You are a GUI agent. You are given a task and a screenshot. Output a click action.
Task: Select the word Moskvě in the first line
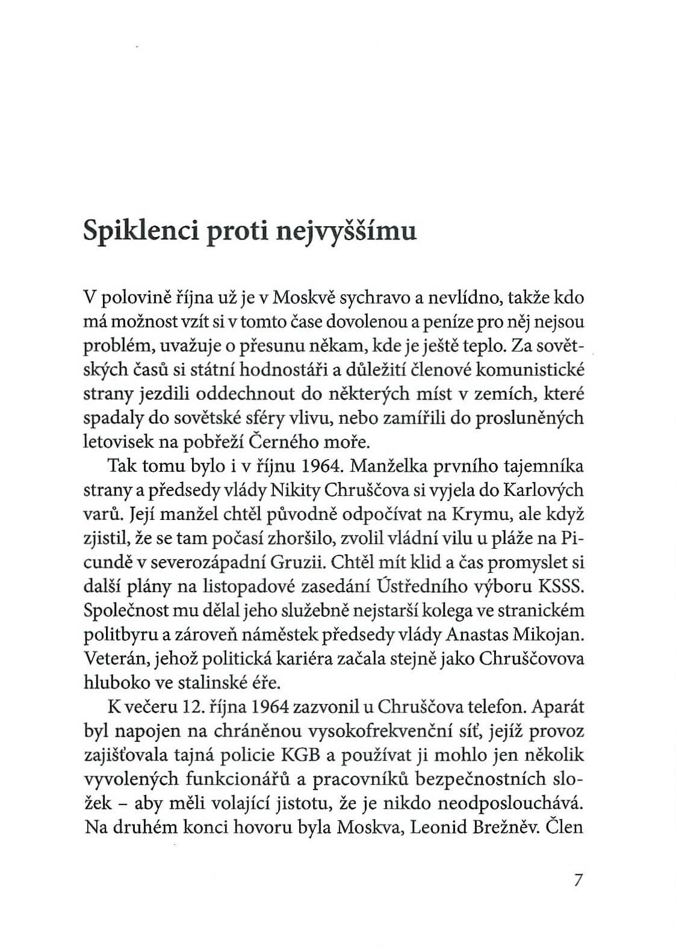pyautogui.click(x=305, y=298)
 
